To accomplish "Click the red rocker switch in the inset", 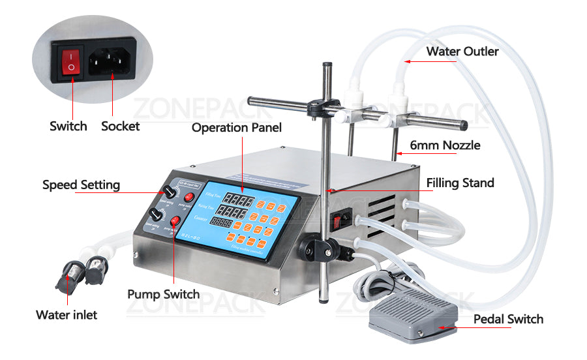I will coord(70,63).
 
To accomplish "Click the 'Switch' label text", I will coord(68,126).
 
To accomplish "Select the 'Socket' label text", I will coord(120,126).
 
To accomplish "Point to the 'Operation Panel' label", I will coord(236,128).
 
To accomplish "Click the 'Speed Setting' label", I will coord(81,185).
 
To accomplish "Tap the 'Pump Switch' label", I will coord(163,294).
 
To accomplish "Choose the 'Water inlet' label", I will coord(67,315).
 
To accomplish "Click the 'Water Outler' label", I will coord(462,51).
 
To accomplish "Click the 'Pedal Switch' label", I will coord(508,319).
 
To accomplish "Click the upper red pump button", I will coord(189,198).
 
